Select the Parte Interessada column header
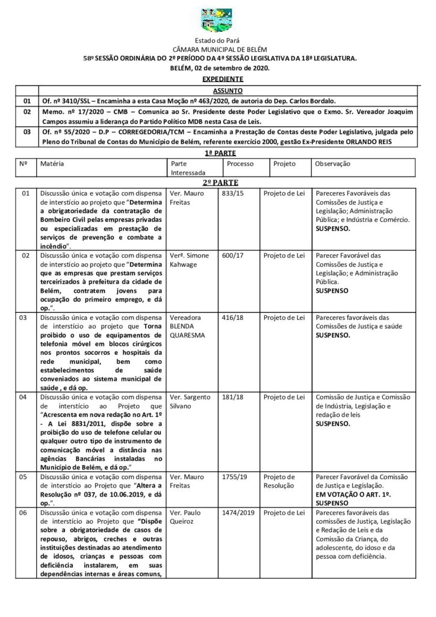(x=187, y=168)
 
